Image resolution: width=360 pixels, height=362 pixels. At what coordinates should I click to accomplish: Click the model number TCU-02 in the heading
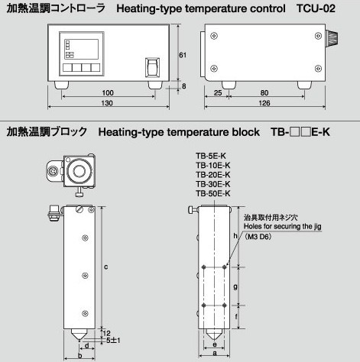(x=316, y=8)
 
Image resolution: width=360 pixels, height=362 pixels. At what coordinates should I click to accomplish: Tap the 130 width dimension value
(x=107, y=103)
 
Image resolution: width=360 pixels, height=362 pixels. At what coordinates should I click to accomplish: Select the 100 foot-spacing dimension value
(x=108, y=92)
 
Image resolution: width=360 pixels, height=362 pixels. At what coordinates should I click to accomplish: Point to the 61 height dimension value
(x=183, y=55)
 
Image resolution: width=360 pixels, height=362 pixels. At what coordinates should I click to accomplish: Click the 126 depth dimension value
(x=264, y=103)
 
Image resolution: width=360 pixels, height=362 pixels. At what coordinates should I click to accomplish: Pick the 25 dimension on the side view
(x=218, y=93)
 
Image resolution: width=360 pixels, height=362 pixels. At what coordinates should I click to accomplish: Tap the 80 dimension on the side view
(x=264, y=93)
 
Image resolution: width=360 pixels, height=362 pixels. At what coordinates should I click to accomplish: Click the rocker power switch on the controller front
(x=152, y=67)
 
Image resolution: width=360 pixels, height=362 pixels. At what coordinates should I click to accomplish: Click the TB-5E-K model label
(x=211, y=156)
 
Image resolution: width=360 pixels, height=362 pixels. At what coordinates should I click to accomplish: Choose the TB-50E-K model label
(x=213, y=193)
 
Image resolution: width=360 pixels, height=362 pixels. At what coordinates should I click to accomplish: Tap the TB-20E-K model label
(x=213, y=175)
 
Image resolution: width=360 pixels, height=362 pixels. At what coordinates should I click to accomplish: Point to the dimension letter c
(x=106, y=267)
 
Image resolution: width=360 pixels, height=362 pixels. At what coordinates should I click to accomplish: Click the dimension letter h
(x=235, y=236)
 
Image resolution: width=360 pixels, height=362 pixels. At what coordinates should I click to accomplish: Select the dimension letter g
(x=235, y=287)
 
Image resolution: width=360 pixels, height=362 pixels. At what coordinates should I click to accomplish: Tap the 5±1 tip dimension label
(x=113, y=340)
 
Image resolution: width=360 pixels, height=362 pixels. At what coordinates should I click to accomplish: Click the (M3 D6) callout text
(x=258, y=237)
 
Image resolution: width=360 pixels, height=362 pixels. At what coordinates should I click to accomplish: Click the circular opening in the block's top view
(x=79, y=171)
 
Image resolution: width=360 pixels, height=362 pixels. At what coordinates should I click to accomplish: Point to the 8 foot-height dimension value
(x=184, y=86)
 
